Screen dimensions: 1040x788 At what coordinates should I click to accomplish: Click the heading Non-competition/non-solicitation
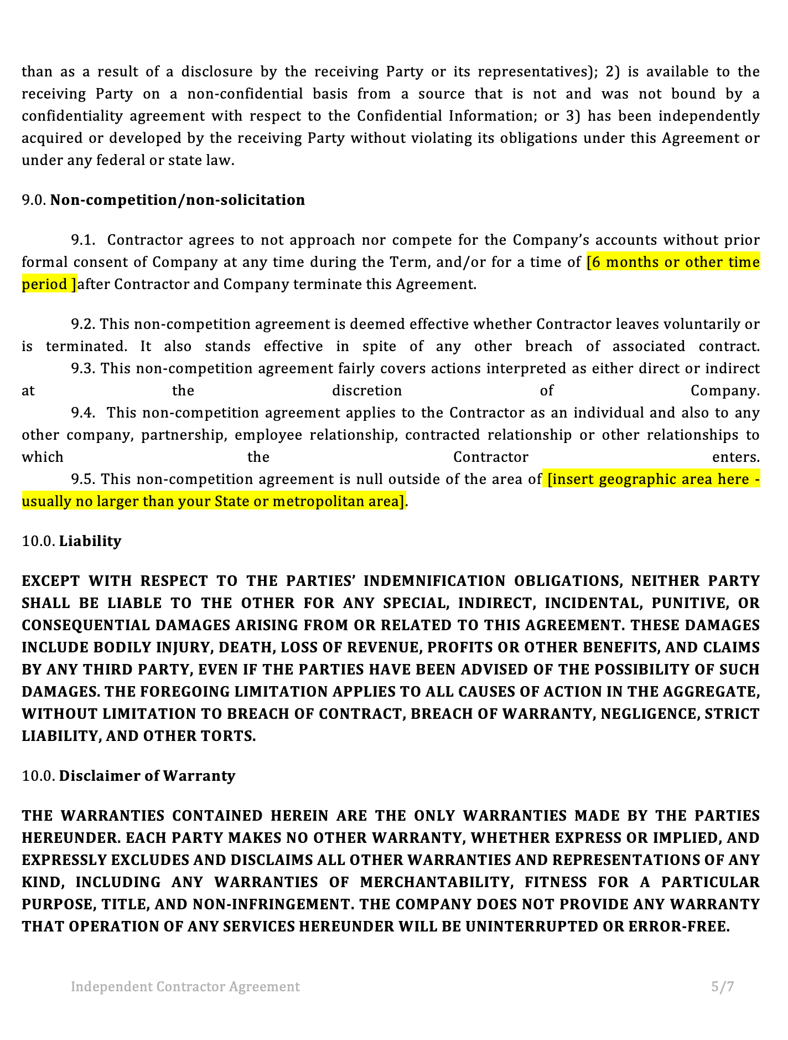click(x=178, y=200)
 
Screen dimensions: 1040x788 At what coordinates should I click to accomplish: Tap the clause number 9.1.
click(x=83, y=240)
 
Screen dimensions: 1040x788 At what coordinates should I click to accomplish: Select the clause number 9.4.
click(x=83, y=413)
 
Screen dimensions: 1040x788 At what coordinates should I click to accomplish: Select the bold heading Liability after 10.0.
click(x=90, y=541)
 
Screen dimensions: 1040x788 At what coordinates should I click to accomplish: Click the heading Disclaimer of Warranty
click(x=147, y=776)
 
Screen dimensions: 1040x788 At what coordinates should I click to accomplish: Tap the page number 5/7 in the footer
click(x=723, y=986)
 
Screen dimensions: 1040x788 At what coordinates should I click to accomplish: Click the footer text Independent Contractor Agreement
click(x=185, y=986)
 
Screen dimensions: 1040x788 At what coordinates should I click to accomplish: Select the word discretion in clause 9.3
click(x=367, y=391)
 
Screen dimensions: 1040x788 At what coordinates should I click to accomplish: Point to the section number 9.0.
click(x=34, y=200)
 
